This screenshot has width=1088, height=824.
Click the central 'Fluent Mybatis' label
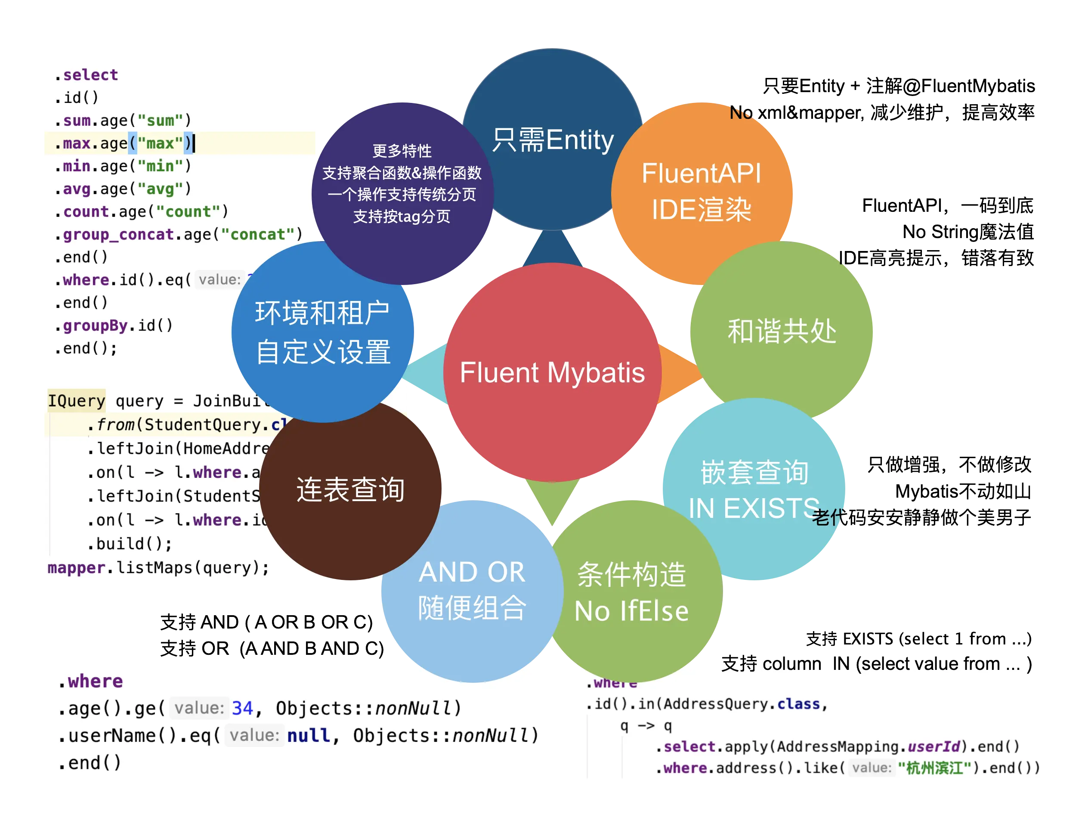point(552,372)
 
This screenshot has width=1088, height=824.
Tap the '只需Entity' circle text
point(553,140)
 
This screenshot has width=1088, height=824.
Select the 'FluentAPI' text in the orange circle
point(702,173)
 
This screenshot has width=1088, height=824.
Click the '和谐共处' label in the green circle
point(782,331)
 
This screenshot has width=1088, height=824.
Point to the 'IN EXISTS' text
point(754,508)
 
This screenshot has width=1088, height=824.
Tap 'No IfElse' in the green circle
point(631,611)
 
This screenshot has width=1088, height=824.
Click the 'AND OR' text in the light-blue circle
point(472,572)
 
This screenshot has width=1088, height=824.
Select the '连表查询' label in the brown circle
point(350,490)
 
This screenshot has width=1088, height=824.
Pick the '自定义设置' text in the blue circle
point(323,352)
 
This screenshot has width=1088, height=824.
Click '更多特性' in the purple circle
point(402,151)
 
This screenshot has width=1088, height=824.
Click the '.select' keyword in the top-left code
point(87,75)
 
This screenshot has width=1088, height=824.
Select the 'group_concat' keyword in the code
point(118,235)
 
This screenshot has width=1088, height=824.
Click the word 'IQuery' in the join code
point(76,401)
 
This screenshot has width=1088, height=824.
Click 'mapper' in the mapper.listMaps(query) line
point(76,568)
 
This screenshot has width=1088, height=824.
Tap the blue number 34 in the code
point(242,708)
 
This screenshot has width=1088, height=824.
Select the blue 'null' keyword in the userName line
point(309,735)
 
